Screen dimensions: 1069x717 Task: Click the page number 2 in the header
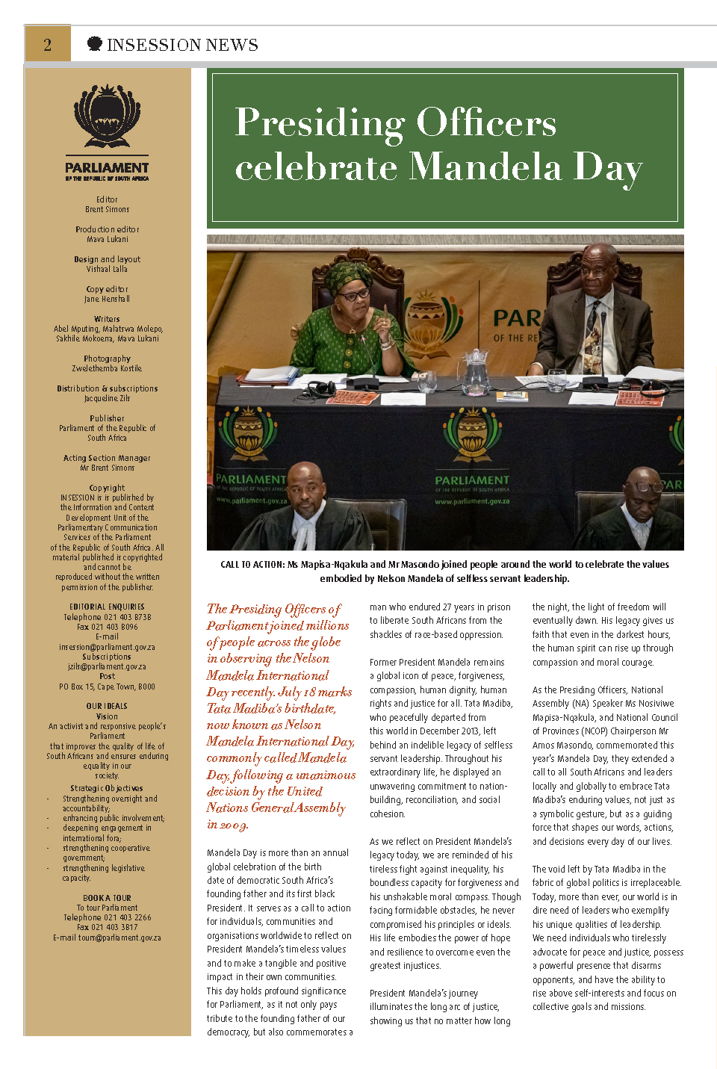47,45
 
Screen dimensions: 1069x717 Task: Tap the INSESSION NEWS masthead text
182,45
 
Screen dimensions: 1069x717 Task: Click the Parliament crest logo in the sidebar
107,117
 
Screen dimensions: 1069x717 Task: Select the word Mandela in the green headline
486,166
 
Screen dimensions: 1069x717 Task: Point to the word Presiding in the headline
320,123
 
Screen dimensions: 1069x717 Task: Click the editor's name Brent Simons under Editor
107,210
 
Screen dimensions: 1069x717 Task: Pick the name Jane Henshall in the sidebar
107,299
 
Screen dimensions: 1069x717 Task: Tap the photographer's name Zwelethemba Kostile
107,368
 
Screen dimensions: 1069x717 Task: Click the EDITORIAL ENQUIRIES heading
107,607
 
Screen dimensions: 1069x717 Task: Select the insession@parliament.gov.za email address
107,647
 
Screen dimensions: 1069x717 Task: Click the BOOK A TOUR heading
107,898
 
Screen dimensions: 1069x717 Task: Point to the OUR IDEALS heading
107,706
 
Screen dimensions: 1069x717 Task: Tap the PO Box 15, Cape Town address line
107,687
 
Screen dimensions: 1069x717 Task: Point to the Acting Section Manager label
107,458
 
